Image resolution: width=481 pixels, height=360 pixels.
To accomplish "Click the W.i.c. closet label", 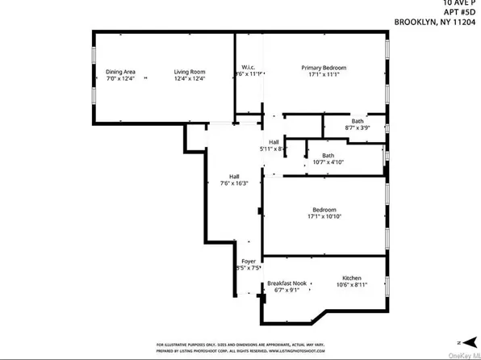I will [x=249, y=67].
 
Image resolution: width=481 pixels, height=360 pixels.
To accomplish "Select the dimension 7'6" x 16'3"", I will [x=233, y=183].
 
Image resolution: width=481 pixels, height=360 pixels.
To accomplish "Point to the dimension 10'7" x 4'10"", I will [x=328, y=161].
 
